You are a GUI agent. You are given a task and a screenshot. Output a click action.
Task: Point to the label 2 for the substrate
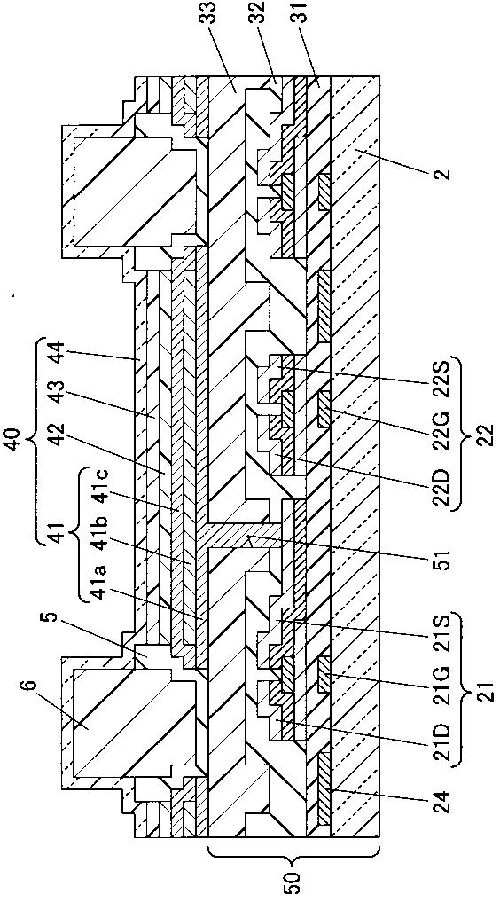(441, 173)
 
